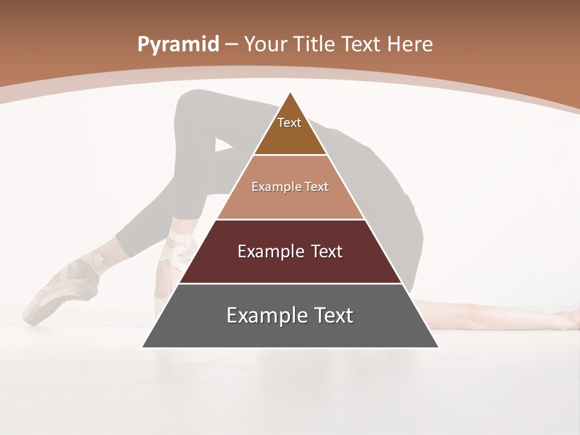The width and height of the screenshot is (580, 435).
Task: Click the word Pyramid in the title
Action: click(x=178, y=44)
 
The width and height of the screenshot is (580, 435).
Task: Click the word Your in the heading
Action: click(x=264, y=44)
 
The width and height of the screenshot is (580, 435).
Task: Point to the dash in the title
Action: click(x=231, y=45)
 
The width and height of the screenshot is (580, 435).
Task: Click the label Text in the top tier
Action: click(x=289, y=123)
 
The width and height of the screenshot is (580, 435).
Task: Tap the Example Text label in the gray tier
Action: click(x=290, y=315)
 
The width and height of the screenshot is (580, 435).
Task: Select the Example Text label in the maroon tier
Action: click(x=290, y=251)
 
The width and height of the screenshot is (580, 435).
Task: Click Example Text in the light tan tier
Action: click(x=290, y=187)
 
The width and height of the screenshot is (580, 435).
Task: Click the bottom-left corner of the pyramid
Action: click(x=143, y=347)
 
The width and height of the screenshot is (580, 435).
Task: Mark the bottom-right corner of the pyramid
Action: click(x=438, y=347)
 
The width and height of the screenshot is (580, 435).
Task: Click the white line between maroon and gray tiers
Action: click(x=290, y=283)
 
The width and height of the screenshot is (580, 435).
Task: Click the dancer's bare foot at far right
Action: click(x=568, y=319)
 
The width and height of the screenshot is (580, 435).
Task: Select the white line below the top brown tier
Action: click(x=290, y=155)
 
